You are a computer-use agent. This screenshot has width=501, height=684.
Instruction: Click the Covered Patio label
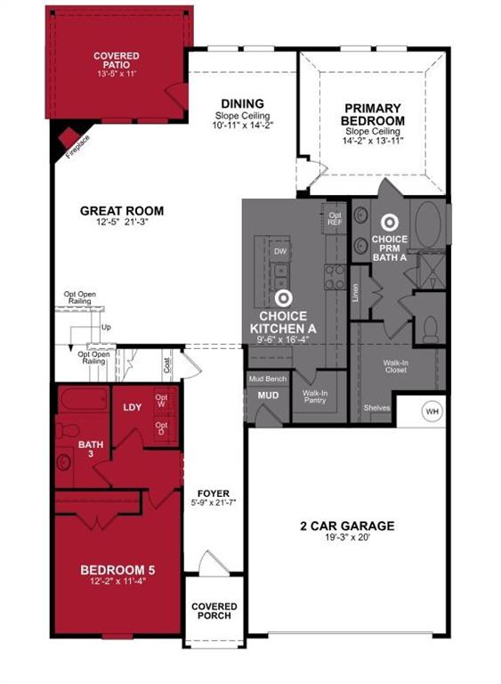tap(117, 61)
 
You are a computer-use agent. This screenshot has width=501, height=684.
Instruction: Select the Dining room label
tap(242, 103)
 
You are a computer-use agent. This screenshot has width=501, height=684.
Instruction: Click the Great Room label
tap(122, 211)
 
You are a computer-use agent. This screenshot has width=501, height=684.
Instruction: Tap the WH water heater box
tap(432, 411)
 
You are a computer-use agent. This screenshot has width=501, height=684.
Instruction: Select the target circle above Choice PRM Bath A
tap(389, 223)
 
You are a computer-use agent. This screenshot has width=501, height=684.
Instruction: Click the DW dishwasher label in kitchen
tap(279, 252)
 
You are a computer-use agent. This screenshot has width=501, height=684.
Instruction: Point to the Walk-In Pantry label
tap(314, 396)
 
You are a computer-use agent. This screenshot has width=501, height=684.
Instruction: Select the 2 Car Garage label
tap(347, 526)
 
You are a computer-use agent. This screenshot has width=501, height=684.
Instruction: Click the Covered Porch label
tap(214, 611)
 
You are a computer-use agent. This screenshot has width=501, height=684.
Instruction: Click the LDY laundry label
tap(133, 407)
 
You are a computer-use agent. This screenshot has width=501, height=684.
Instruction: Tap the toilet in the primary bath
tap(431, 329)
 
